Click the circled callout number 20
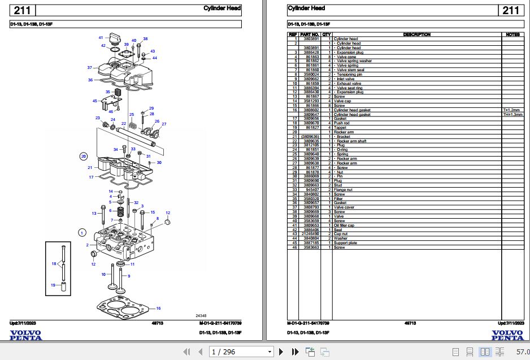tap(83, 156)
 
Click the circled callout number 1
tap(82, 232)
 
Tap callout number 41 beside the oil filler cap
tap(101, 37)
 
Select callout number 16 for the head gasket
tap(159, 308)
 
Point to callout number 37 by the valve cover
tap(89, 68)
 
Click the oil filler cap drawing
tap(116, 38)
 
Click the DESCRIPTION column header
tap(416, 34)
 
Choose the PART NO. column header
tap(310, 34)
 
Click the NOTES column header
tap(512, 34)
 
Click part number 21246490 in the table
tap(310, 234)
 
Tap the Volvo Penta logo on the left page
tap(25, 335)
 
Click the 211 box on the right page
tap(510, 10)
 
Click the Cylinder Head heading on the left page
tap(223, 8)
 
